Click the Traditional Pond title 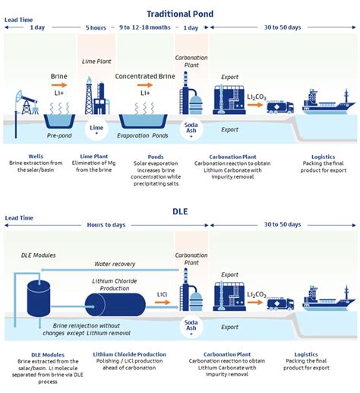click(x=180, y=13)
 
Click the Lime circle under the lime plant click(x=96, y=129)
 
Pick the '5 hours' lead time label click(x=96, y=27)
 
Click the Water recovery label click(x=115, y=265)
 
